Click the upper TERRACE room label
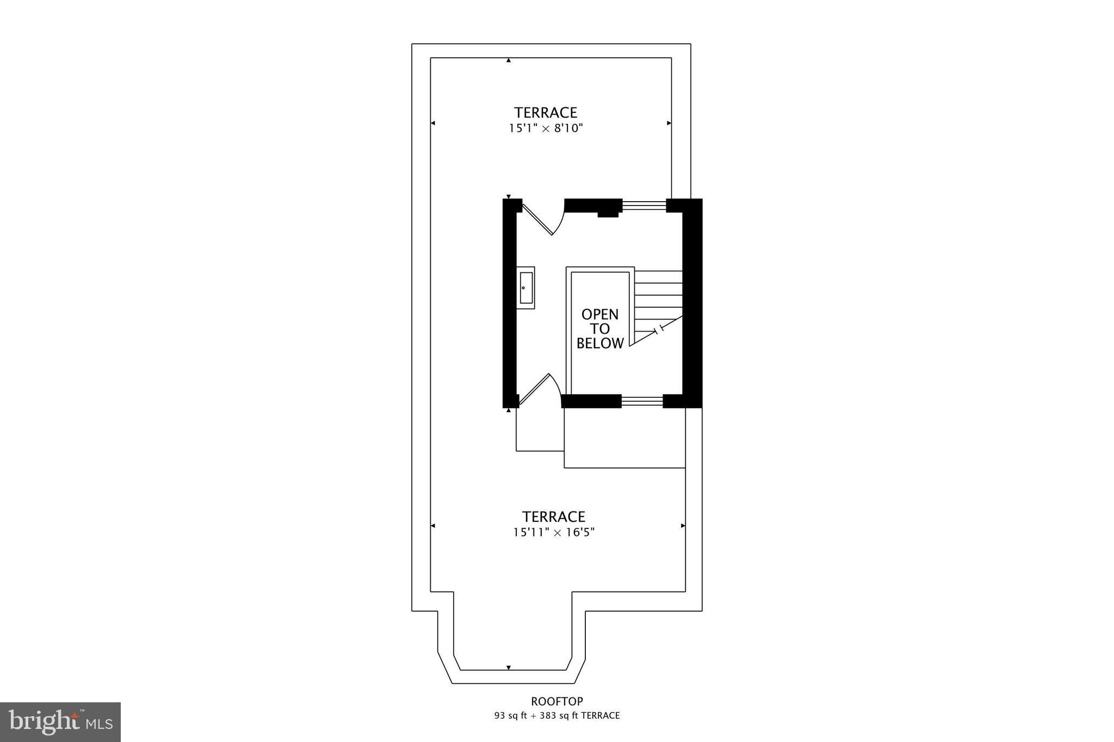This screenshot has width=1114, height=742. (546, 113)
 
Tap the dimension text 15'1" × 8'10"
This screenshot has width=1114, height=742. (546, 129)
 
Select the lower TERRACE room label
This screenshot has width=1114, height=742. (554, 516)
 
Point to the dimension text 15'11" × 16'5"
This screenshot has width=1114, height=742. (554, 532)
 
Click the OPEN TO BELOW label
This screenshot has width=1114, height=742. (600, 329)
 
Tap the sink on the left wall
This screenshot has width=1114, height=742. (525, 288)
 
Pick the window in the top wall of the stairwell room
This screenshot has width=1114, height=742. (644, 205)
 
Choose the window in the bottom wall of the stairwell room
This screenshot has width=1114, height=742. (642, 401)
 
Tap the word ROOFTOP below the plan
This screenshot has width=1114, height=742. (557, 701)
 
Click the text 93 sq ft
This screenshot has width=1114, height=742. (511, 716)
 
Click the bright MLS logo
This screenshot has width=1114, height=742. (60, 722)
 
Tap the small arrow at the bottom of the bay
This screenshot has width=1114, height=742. (509, 668)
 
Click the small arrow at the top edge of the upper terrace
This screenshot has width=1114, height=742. (509, 60)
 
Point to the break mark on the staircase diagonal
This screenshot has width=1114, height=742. (659, 329)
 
